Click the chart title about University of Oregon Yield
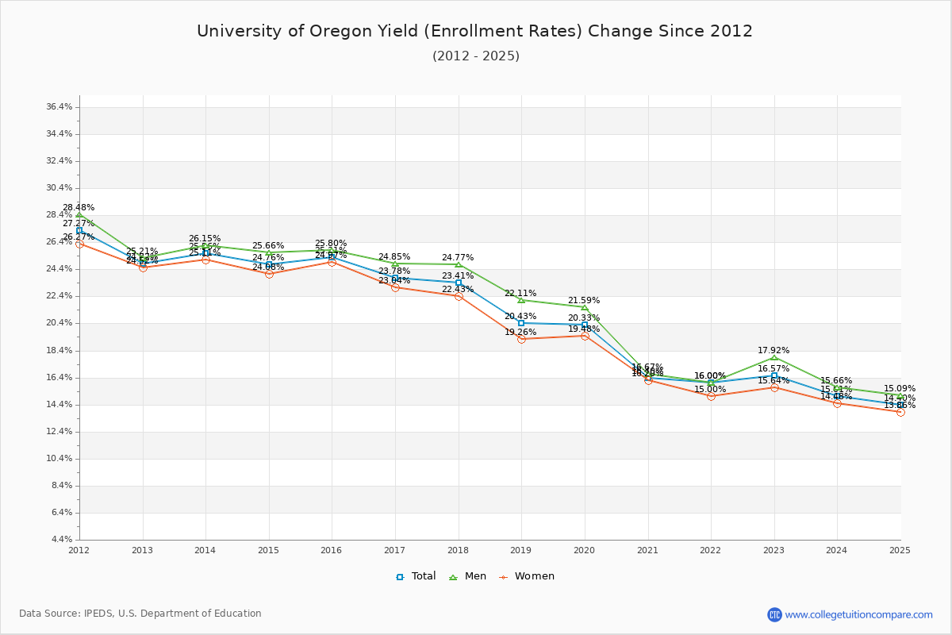(x=474, y=31)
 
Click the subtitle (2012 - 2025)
(x=476, y=56)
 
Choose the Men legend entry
(x=468, y=576)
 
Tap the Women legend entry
(x=527, y=576)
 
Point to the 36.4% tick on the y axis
(x=60, y=106)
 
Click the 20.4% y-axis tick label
(x=60, y=323)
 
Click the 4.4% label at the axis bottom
(x=63, y=540)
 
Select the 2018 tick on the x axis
(x=458, y=550)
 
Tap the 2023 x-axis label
(x=773, y=550)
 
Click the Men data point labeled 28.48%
(x=79, y=215)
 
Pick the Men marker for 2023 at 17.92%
(x=774, y=358)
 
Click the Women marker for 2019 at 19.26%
(x=521, y=339)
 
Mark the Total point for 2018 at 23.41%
(x=459, y=283)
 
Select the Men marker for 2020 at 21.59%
(x=585, y=308)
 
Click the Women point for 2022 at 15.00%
(x=711, y=396)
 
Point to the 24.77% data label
(x=458, y=258)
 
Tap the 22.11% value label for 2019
(x=520, y=294)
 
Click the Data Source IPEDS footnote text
(x=140, y=614)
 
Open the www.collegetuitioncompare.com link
(x=858, y=614)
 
